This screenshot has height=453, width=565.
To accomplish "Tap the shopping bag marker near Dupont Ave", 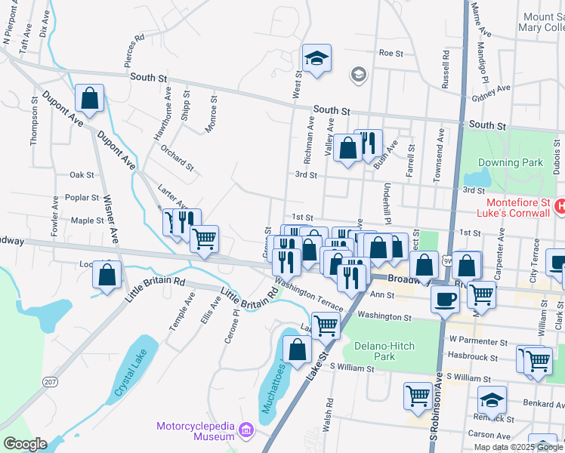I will point(89,98).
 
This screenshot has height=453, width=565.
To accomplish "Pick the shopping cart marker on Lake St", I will point(326,325).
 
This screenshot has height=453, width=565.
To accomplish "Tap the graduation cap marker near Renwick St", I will point(492,400).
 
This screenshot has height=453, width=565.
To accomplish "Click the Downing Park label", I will point(510,162).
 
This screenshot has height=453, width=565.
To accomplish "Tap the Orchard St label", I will point(178,157).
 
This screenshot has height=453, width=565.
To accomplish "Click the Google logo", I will point(25,444).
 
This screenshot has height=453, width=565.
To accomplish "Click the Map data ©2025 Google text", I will point(517,447).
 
